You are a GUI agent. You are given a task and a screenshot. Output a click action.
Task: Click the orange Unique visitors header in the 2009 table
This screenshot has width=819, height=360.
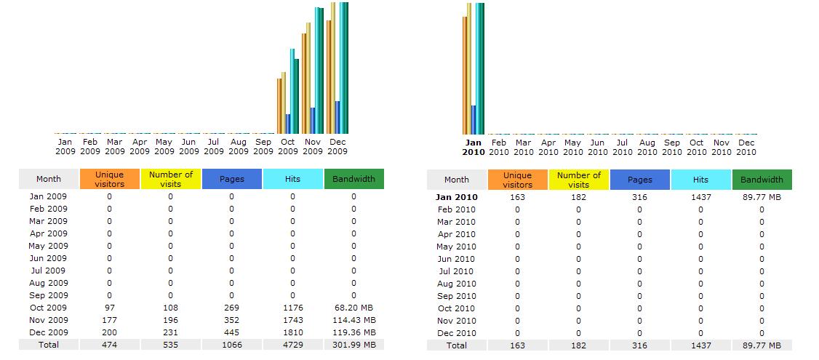coord(110,179)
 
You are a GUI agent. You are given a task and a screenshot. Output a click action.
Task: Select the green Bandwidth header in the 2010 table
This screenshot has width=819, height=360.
coord(762,180)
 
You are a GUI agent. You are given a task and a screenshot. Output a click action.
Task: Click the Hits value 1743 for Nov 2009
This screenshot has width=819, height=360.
coord(292,320)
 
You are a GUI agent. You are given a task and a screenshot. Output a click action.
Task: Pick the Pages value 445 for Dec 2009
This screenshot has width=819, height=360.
coord(231,332)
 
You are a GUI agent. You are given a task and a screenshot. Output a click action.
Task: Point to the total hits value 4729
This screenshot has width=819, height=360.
coord(292,345)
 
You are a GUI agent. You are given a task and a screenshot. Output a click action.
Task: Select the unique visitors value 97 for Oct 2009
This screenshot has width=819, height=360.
coord(110,308)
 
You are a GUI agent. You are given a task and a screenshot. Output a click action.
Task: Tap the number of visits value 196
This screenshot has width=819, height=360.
coord(170,320)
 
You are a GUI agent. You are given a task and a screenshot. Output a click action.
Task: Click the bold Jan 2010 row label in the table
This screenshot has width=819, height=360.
coord(457,197)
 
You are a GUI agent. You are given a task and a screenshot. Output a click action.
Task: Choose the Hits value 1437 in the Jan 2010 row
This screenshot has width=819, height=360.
coord(700,197)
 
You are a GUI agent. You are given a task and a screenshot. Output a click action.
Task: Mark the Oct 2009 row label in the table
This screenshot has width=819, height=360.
coord(49,308)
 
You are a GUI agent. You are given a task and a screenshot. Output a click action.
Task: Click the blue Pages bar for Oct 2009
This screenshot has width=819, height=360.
coord(288,124)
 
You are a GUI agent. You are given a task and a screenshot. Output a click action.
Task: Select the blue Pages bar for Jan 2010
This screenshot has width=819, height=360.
coord(474,120)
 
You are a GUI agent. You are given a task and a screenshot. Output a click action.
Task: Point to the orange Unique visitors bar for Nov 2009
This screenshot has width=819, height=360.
coord(305,84)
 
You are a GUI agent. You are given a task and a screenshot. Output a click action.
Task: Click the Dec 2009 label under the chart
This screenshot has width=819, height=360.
coord(337,147)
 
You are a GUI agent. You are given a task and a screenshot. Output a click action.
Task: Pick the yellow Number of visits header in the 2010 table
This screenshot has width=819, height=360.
coord(579,180)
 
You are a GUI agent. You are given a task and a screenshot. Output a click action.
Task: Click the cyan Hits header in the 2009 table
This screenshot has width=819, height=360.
coord(292,179)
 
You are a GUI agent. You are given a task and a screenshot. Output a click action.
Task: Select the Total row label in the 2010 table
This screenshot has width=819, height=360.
coord(457,345)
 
